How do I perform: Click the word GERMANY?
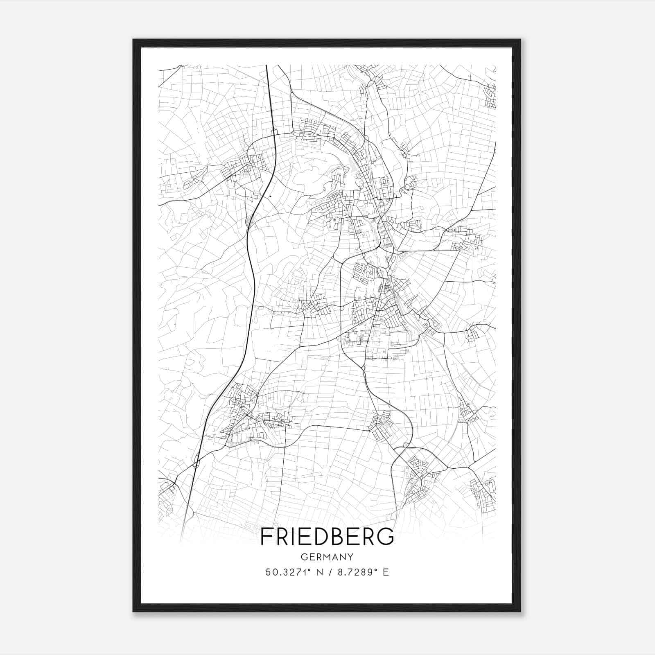click(327, 557)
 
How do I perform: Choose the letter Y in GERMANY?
click(350, 557)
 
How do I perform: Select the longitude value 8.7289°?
click(355, 572)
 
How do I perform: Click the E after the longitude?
click(385, 572)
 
